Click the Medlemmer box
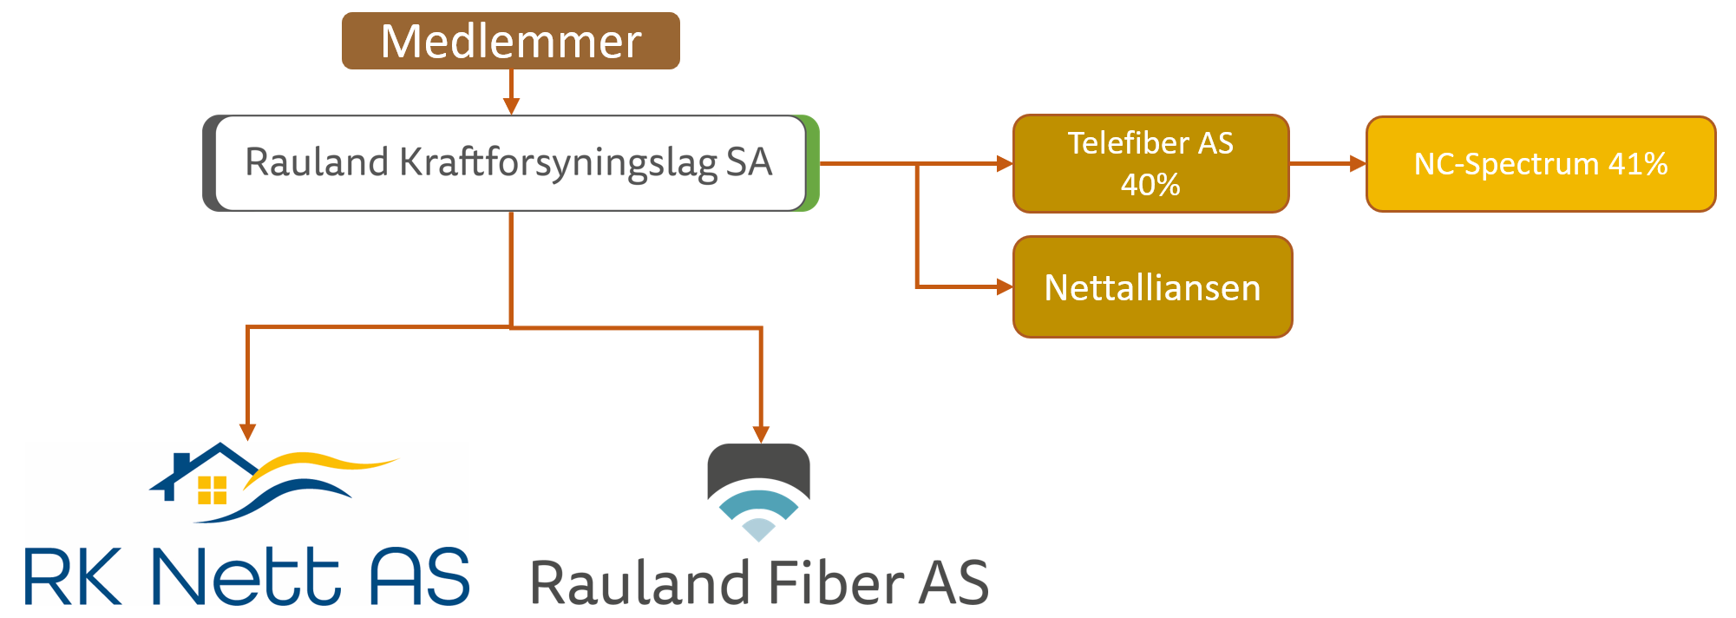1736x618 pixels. point(510,41)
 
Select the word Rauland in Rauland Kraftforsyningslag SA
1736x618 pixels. point(316,162)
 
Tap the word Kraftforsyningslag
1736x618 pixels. point(558,162)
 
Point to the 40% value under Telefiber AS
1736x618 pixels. point(1150,184)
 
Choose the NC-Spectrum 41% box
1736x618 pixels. point(1541,164)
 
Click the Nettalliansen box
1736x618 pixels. point(1152,287)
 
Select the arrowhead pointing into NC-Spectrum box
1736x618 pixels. point(1358,163)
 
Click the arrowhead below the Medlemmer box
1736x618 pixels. point(511,106)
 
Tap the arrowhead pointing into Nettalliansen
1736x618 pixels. point(1005,286)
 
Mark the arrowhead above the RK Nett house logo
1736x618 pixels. point(248,431)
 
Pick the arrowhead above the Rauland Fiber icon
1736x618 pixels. point(761,434)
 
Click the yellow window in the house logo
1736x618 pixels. point(212,490)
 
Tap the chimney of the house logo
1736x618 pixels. point(181,462)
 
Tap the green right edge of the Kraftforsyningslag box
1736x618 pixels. point(812,162)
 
